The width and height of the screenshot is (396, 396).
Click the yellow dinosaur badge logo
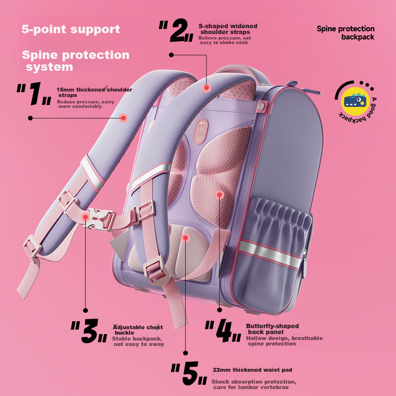[355, 101]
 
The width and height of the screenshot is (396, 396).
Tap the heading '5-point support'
[71, 29]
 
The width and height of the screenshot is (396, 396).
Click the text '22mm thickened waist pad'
[252, 370]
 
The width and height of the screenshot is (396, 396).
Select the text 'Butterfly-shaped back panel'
[272, 329]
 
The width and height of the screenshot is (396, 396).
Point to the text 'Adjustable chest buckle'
[138, 330]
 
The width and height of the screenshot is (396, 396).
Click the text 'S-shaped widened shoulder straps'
[228, 29]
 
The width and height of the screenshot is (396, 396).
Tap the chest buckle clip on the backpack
[100, 219]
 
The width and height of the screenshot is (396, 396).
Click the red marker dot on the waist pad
[186, 238]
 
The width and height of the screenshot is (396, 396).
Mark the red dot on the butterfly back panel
[219, 195]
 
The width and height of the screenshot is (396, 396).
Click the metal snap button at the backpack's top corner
[261, 105]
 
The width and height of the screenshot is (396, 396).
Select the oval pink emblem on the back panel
[201, 132]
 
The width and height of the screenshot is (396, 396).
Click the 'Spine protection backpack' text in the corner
[346, 33]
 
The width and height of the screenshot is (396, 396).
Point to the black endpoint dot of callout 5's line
[186, 353]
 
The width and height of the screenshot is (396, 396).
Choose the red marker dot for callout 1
[123, 118]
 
